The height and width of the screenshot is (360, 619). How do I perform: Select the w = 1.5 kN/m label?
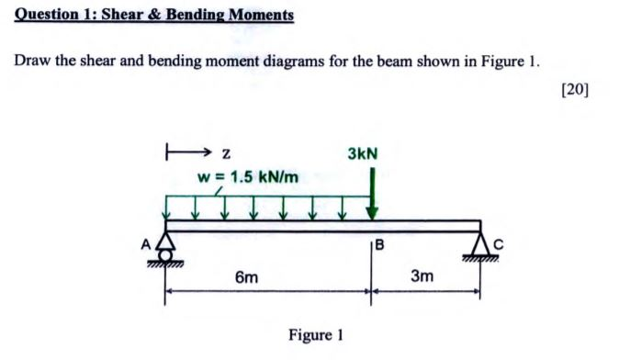248,175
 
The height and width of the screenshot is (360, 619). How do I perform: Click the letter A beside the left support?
145,244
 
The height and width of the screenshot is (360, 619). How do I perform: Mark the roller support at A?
166,248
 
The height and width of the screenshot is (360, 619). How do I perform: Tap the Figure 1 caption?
315,335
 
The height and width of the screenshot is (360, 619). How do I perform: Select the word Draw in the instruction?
32,62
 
